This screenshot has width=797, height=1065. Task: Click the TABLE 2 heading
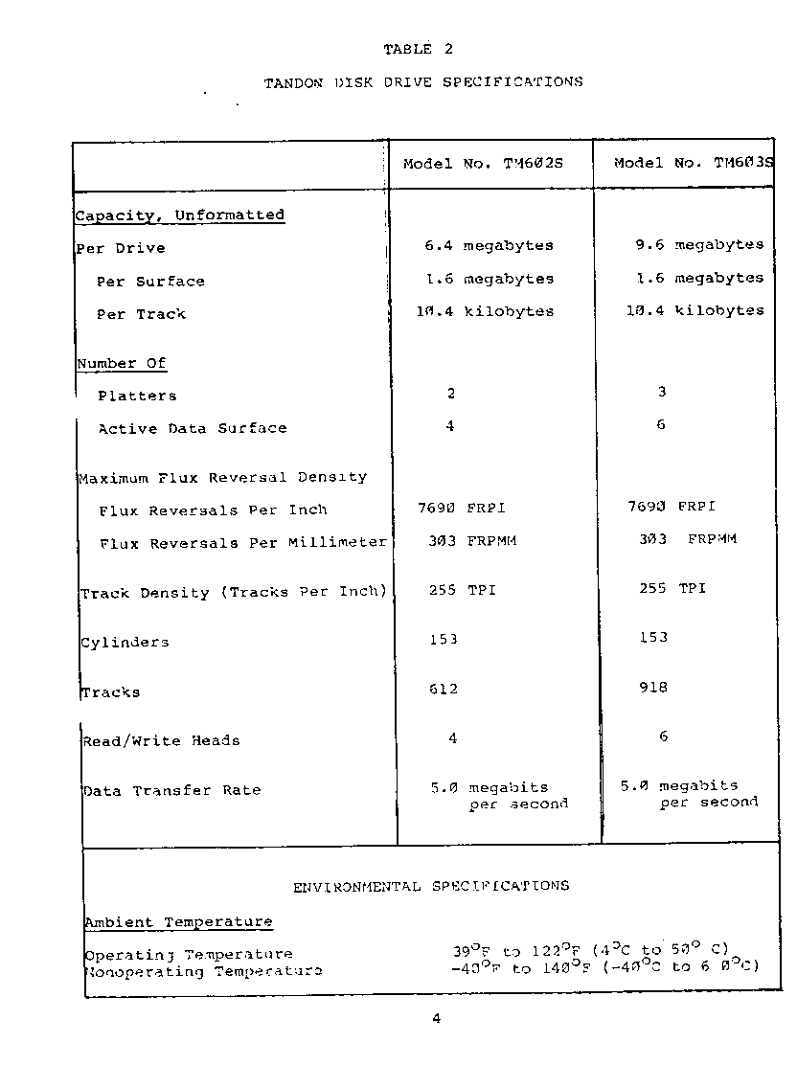420,50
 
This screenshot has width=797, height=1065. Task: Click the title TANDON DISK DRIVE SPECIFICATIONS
423,82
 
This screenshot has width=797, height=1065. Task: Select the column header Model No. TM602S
483,164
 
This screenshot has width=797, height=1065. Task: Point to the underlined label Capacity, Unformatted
180,215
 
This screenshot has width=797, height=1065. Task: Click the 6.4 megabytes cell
489,246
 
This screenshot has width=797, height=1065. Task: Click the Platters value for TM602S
451,394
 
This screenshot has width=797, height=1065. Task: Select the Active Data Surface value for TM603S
661,425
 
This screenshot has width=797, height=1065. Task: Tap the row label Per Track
141,314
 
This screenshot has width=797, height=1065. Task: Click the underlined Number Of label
122,364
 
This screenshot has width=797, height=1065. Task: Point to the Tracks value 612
443,690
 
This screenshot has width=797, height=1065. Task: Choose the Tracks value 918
653,688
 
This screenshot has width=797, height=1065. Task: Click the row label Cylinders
125,643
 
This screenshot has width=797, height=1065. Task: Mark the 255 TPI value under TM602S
462,590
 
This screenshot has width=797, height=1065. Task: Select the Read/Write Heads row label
161,740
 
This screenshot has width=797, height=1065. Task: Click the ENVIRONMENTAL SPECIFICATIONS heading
430,887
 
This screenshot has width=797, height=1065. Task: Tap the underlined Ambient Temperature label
178,923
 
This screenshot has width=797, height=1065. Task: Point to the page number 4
436,1019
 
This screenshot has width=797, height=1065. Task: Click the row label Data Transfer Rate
171,791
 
